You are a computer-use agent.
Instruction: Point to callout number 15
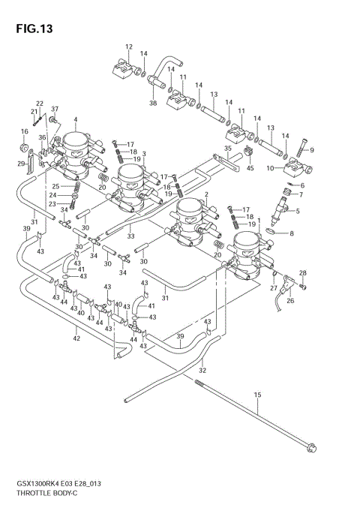256,393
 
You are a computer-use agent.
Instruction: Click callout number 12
128,47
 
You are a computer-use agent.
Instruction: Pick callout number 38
153,103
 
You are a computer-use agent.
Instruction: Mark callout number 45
250,167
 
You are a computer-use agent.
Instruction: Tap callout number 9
311,150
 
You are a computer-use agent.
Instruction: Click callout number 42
76,338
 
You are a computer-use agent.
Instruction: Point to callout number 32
202,370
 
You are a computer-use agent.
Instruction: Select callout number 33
130,236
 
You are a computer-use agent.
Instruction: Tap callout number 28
303,272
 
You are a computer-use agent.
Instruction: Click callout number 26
289,302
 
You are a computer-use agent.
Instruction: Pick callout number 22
40,104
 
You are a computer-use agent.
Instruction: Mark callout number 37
53,109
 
